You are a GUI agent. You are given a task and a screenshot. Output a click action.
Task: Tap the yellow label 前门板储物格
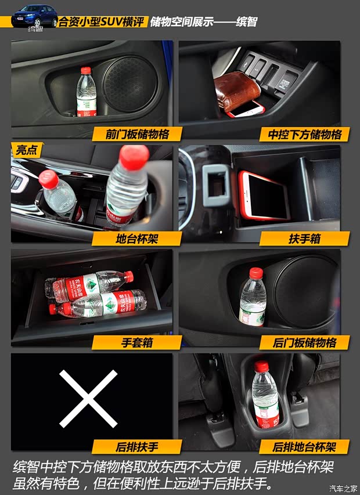[x=138, y=135]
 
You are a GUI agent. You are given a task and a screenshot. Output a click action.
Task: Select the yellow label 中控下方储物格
[x=304, y=135]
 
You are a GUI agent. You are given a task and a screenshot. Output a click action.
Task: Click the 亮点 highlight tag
[x=26, y=151]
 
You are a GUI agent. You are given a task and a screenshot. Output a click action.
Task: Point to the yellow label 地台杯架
[x=133, y=239]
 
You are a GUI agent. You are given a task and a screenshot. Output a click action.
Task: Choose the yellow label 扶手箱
[x=304, y=239]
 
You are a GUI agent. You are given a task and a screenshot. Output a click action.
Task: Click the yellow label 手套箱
[x=136, y=342]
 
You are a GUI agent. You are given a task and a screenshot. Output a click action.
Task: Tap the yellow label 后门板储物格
[x=304, y=342]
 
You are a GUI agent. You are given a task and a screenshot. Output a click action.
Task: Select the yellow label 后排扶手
[x=133, y=447]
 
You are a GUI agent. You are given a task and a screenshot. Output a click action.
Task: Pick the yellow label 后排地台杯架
[x=304, y=447]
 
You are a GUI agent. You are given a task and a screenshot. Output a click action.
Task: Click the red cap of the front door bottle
[x=86, y=71]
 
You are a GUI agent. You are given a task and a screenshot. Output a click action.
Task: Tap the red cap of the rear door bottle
[x=255, y=272]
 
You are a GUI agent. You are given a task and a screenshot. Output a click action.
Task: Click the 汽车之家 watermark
[x=340, y=487]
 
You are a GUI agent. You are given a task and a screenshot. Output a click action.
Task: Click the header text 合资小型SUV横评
[x=100, y=22]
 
